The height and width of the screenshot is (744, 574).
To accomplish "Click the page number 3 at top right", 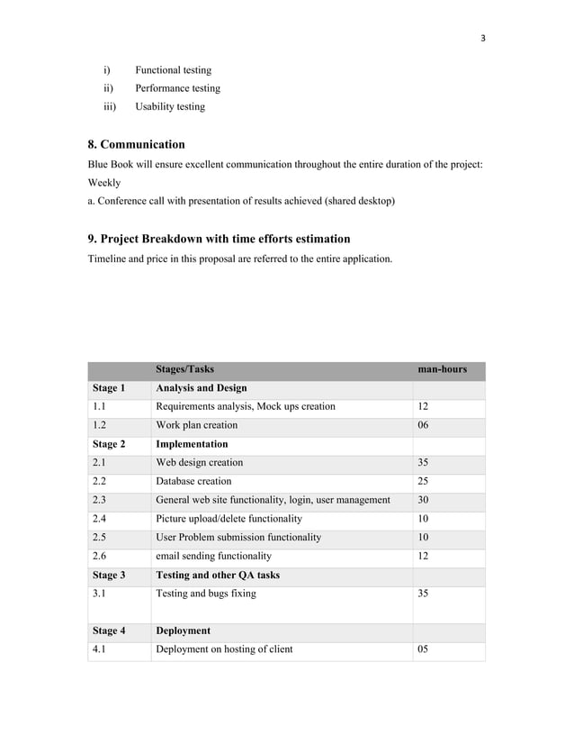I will click(x=483, y=38).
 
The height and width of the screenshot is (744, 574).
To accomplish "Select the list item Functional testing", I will click(x=173, y=70).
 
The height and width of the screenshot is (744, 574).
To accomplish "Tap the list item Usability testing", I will click(x=170, y=106).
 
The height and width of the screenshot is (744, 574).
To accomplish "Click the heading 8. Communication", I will click(x=136, y=144).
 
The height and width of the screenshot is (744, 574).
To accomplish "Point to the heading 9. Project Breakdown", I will click(x=219, y=239).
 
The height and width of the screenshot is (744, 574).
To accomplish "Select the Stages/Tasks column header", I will click(x=184, y=369).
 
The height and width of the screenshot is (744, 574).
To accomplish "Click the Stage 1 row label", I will click(x=108, y=388).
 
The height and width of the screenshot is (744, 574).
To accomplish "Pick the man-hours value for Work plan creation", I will click(x=423, y=425).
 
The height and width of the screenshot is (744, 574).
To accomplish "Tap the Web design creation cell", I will click(x=199, y=462).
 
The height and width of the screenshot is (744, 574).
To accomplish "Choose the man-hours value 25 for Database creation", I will click(x=423, y=481).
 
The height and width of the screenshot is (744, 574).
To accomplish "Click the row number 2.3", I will click(x=100, y=500).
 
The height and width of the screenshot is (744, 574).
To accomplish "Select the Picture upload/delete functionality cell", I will click(x=229, y=519).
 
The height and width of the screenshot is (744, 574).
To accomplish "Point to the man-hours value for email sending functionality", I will click(x=423, y=557).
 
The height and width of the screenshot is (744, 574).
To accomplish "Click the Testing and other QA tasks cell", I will click(x=218, y=575).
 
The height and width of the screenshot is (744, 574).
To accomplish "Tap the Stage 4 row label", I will click(x=108, y=631).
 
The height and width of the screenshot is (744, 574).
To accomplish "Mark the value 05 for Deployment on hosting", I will click(x=423, y=649).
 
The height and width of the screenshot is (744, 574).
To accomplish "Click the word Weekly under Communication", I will click(x=104, y=183).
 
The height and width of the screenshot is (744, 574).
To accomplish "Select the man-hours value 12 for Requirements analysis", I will click(x=423, y=406).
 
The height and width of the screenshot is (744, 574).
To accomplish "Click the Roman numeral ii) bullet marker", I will click(x=108, y=88).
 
